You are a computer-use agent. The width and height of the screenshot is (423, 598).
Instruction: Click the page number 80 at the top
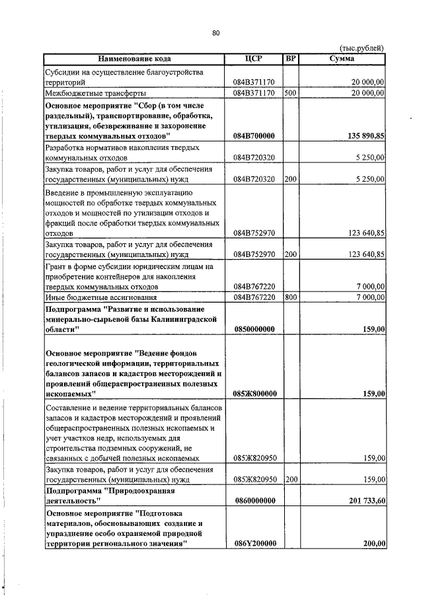point(215,33)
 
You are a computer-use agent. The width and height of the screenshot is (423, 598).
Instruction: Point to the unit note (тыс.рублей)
point(361,48)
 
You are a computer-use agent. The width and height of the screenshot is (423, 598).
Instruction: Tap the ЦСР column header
point(254,59)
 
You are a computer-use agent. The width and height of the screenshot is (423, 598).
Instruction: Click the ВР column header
point(290,59)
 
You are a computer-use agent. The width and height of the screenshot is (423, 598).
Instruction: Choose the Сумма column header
point(342,59)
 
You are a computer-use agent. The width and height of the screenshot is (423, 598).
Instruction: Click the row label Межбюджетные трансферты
point(89,93)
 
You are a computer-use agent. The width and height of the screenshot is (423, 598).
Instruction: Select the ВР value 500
point(289,93)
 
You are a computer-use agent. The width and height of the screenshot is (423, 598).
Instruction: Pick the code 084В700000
point(254,135)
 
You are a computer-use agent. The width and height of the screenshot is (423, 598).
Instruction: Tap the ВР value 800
point(289,297)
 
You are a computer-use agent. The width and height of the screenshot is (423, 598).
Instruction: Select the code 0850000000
point(254,329)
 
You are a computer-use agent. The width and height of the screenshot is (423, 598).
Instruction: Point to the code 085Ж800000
point(254,394)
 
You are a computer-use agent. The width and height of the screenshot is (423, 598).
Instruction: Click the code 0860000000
point(254,501)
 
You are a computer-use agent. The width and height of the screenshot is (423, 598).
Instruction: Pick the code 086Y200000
point(254,544)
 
